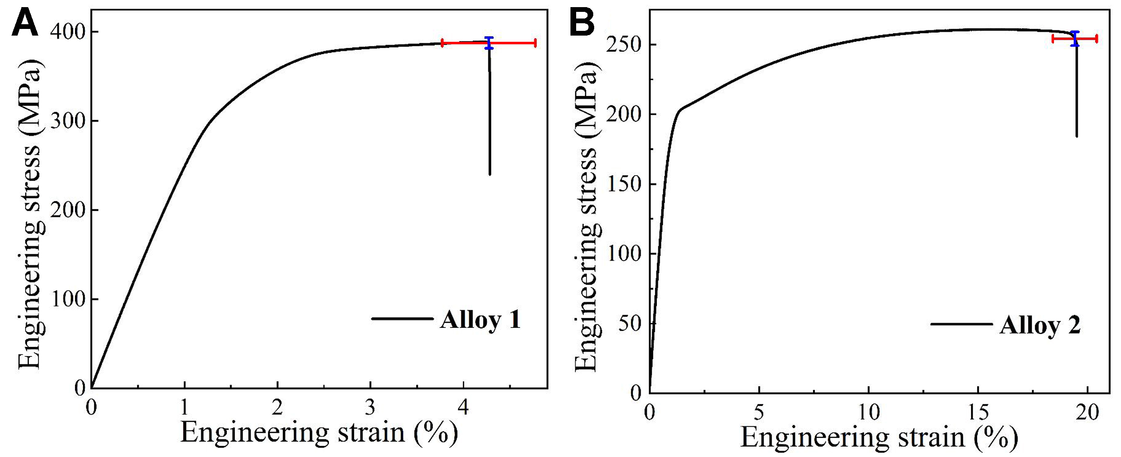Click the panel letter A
point(25,23)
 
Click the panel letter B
point(581,23)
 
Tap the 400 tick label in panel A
point(68,32)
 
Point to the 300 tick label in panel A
point(68,121)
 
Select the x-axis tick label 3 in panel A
point(370,407)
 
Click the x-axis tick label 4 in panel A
point(463,407)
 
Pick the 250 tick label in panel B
point(624,45)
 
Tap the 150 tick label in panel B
point(624,184)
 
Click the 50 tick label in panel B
point(629,324)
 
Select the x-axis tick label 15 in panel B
point(978,412)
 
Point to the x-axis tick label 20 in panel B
point(1087,412)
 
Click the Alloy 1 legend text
point(480,319)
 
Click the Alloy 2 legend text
point(1040,326)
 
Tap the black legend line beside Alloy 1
point(402,318)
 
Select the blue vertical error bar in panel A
point(489,43)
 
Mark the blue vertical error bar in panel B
point(1075,39)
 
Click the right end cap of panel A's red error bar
point(535,43)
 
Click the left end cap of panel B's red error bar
point(1053,39)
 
